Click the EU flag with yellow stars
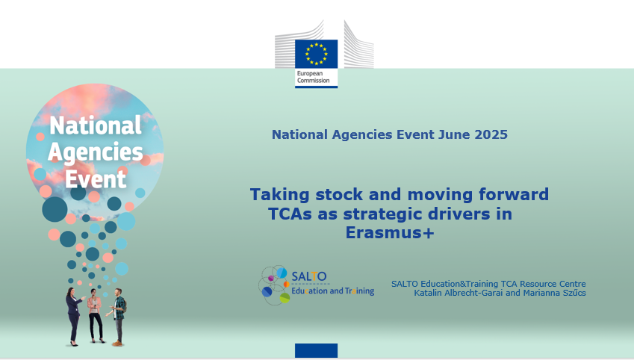point(316,54)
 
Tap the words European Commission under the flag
point(314,77)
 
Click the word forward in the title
point(514,194)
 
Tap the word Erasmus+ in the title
point(390,232)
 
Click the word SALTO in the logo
point(309,276)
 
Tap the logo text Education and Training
point(333,291)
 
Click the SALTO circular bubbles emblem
point(274,285)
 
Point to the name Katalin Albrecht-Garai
point(459,293)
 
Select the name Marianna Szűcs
point(554,293)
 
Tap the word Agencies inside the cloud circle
point(96,153)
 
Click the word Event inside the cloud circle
point(96,179)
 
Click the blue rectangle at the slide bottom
point(316,350)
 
